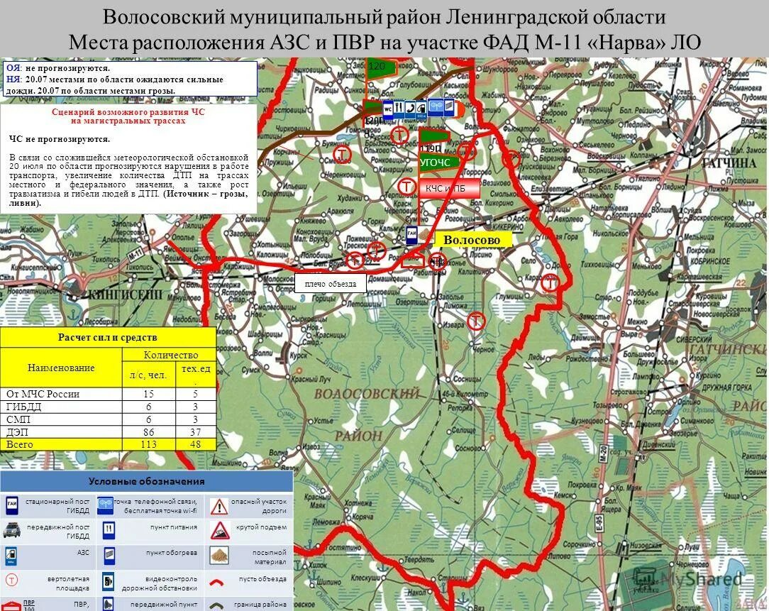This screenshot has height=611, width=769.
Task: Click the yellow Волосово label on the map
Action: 472,240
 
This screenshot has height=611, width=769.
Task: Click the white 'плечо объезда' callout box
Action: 330,284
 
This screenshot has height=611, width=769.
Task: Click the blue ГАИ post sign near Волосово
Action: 411,236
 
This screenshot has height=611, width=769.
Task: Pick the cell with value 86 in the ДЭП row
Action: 148,431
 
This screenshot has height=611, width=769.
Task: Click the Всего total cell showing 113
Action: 148,444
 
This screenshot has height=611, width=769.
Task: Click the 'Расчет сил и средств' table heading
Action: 108,337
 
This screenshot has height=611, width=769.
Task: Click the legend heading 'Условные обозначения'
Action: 146,481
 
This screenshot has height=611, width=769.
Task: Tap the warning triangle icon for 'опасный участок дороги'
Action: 219,506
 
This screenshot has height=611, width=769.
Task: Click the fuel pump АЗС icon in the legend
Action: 12,555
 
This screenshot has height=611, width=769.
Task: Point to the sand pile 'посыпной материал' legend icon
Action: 219,555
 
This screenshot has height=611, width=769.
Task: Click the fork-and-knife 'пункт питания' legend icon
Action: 109,529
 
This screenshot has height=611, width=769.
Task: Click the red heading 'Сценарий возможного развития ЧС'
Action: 128,116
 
